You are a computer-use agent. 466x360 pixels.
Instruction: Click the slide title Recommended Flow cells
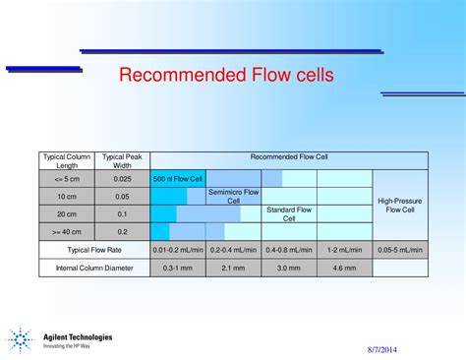coord(226,75)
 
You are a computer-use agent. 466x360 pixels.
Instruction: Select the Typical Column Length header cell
coord(66,160)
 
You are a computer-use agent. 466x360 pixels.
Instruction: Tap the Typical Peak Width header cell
coord(122,160)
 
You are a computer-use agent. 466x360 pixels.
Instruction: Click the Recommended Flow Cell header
coord(289,156)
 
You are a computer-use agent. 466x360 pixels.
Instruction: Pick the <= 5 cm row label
coord(66,179)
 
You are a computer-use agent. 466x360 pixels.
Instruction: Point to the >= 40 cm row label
coord(66,231)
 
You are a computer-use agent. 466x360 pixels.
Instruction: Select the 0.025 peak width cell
coord(122,179)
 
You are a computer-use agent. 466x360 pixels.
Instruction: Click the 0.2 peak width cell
coord(122,231)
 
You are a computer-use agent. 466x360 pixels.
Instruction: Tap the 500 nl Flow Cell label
coord(178,179)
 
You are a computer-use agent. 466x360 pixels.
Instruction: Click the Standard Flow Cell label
coord(289,213)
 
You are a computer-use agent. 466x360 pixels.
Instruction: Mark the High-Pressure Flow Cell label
coord(401,205)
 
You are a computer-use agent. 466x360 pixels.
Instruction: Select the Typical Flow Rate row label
coord(93,250)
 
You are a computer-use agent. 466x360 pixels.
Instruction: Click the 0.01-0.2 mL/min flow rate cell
coord(177,250)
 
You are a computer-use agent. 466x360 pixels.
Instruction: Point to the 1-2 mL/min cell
coord(344,250)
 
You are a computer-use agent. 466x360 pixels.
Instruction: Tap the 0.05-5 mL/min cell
coord(401,250)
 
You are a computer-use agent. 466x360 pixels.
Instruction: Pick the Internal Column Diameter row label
coord(93,268)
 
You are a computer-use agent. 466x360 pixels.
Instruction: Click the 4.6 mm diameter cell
coord(344,268)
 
